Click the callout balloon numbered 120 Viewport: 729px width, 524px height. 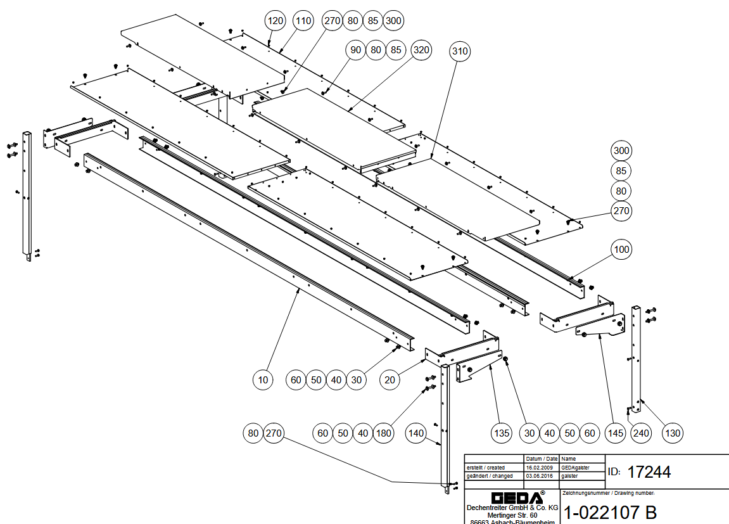click(276, 21)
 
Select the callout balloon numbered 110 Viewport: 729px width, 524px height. click(303, 21)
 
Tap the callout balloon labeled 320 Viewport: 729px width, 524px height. click(421, 49)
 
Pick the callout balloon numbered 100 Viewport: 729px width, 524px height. click(622, 250)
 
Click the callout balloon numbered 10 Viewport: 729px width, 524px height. click(263, 380)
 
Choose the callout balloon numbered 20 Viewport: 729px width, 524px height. click(390, 380)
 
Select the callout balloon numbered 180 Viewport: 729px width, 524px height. click(383, 433)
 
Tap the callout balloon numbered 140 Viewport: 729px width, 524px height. click(416, 433)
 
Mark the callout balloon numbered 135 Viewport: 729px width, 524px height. click(501, 433)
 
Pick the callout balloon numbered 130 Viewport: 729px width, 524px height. click(672, 433)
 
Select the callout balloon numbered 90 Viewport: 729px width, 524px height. click(356, 49)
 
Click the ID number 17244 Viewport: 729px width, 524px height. click(649, 472)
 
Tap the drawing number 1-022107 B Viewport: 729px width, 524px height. click(609, 512)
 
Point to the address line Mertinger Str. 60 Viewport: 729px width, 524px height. click(512, 515)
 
